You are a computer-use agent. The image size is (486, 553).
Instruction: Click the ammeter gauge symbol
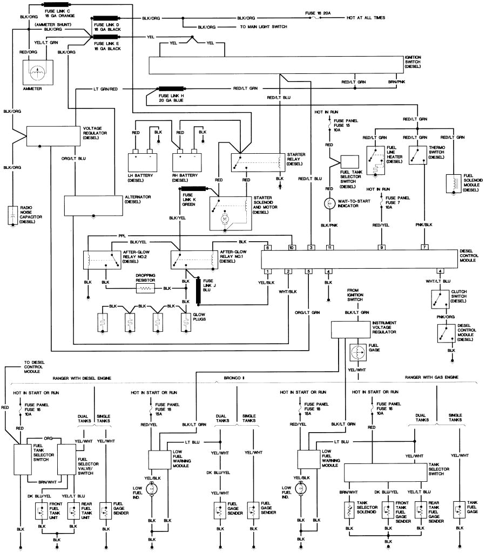point(37,71)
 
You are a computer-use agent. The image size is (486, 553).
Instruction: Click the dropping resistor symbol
point(146,289)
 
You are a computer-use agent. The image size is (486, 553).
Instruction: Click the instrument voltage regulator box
point(350,329)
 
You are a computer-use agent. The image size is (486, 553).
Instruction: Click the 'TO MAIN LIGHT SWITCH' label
point(264,26)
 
